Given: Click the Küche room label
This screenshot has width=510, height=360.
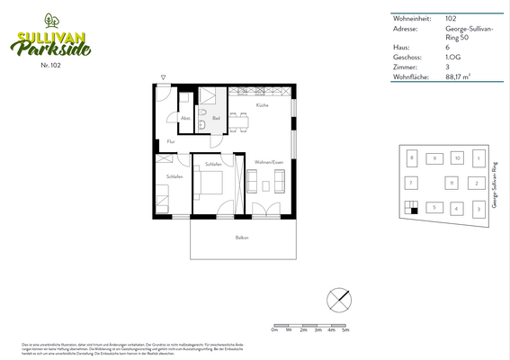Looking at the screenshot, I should click(262, 106).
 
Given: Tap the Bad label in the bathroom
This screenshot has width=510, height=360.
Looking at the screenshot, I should click(216, 118).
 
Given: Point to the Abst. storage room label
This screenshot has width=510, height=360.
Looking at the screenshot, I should click(185, 118).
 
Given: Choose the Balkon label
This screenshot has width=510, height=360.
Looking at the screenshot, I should click(241, 238).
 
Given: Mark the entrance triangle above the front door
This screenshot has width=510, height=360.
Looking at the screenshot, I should click(164, 77).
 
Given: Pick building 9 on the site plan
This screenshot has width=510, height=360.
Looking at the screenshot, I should click(434, 158).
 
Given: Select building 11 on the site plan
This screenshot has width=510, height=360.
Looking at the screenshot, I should click(451, 183).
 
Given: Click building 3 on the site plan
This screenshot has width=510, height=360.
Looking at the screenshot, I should click(479, 209).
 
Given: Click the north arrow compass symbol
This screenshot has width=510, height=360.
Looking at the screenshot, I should click(338, 298).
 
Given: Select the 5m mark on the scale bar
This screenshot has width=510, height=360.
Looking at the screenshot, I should click(345, 330).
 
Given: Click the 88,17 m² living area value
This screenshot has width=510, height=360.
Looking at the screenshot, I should click(461, 77).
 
